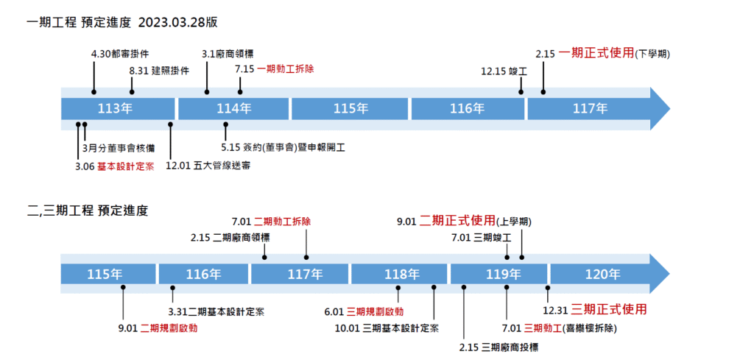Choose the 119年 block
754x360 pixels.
(x=499, y=275)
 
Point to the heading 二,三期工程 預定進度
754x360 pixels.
(x=87, y=211)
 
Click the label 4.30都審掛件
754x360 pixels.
(x=120, y=54)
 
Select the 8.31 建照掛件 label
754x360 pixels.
(x=159, y=71)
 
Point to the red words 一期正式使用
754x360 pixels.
(x=596, y=53)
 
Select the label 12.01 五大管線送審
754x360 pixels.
(x=208, y=166)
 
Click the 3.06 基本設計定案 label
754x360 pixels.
(x=114, y=166)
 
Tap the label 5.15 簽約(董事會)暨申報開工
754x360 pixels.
(x=283, y=148)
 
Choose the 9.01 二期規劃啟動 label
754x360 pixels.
(x=158, y=328)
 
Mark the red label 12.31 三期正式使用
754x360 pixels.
(x=599, y=308)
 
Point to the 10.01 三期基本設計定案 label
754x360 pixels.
(x=387, y=328)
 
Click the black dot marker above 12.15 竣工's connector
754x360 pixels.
(x=521, y=92)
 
